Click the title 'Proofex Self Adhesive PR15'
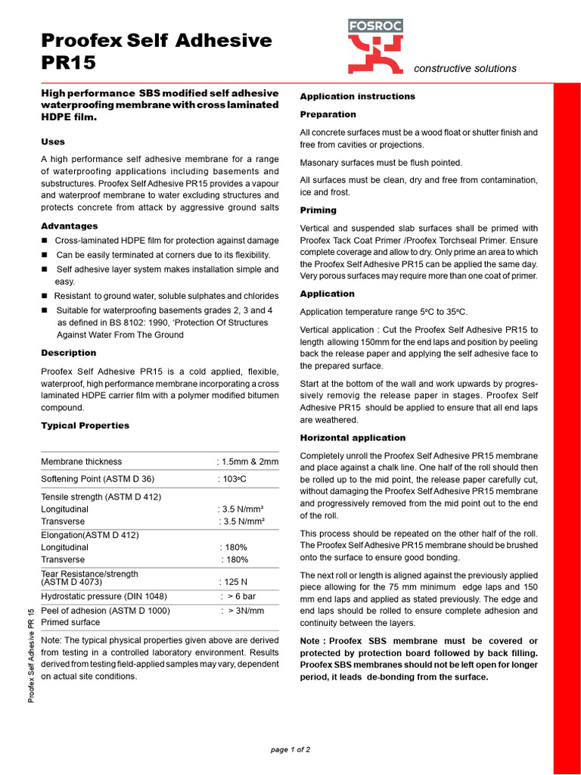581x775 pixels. point(156,51)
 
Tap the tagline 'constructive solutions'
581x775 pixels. point(465,69)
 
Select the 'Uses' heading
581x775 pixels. point(53,142)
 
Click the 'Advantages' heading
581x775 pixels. point(70,226)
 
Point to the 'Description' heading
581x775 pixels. point(69,353)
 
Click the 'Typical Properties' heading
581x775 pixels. point(85,425)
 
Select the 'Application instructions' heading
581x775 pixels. point(358,96)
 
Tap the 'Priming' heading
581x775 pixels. point(318,210)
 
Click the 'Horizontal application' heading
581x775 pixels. point(353,437)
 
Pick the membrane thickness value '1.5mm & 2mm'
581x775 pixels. point(248,462)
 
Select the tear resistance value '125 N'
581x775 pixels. point(233,583)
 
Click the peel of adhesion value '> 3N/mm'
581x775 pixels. point(243,610)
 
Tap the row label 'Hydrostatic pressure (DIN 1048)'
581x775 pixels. point(104,596)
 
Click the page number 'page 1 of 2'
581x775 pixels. point(290,749)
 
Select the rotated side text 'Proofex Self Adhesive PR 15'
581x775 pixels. point(32,655)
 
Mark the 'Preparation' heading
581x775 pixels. point(328,114)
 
